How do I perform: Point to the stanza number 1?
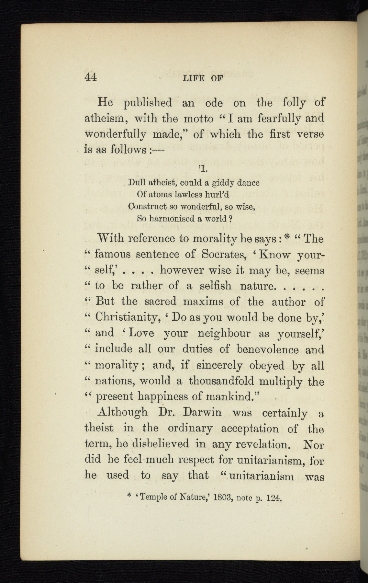(x=202, y=169)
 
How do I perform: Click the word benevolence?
(x=268, y=349)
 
